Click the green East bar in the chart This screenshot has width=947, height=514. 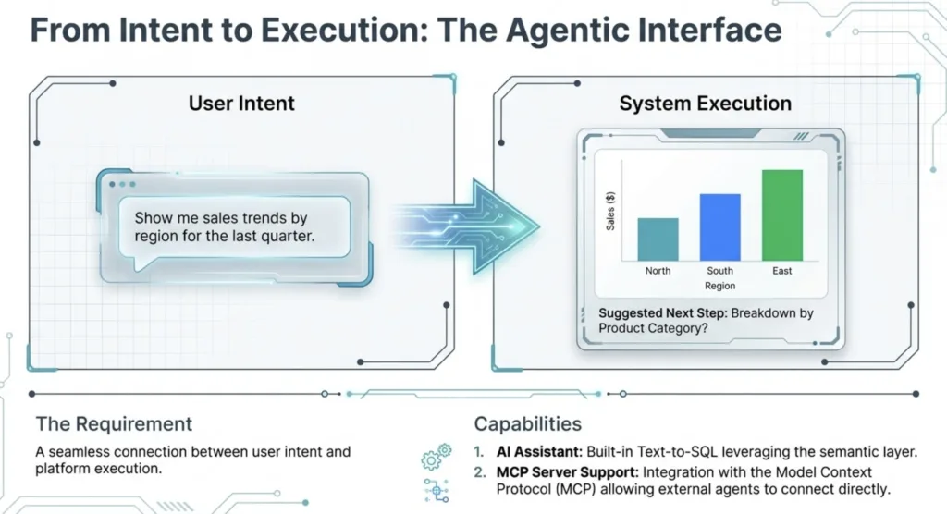(x=781, y=214)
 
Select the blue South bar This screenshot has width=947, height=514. (x=719, y=226)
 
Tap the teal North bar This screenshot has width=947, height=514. (x=658, y=239)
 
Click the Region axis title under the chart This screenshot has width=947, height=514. (x=719, y=287)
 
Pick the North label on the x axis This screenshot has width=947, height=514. (x=658, y=271)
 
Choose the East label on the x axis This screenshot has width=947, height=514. (x=781, y=271)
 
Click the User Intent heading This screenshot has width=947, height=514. (x=241, y=103)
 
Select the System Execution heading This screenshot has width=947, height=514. (x=705, y=103)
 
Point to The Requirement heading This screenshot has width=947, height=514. (x=114, y=424)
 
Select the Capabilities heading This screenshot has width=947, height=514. (x=528, y=424)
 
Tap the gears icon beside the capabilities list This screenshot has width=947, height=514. (x=435, y=456)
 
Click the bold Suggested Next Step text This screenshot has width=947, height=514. (x=662, y=313)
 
